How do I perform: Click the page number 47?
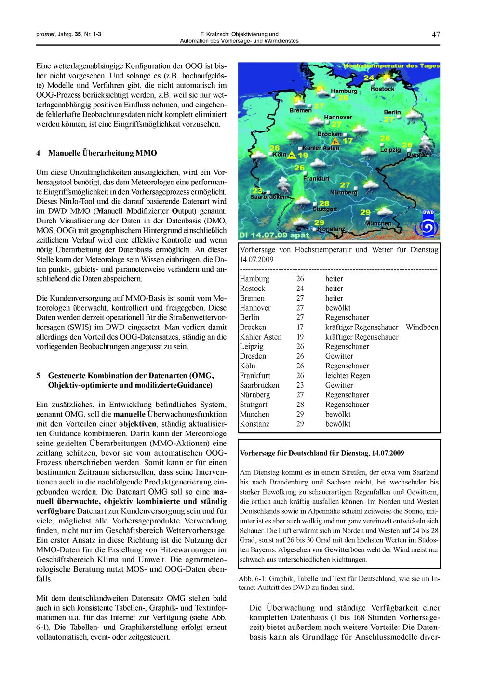click(436, 34)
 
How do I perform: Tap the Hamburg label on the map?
click(344, 91)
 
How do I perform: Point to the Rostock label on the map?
click(382, 89)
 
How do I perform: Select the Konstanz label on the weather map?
click(331, 229)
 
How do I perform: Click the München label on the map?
click(378, 224)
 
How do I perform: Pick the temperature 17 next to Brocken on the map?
click(348, 141)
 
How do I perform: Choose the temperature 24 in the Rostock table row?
click(300, 288)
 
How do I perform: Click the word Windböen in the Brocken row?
click(422, 327)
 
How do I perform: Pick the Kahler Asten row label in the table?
click(260, 337)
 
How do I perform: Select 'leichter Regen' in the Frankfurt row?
click(348, 375)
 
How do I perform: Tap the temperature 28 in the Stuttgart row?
click(300, 405)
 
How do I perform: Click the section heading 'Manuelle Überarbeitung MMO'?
click(102, 154)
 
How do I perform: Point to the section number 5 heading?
click(39, 375)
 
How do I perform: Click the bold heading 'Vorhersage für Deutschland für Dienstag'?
click(321, 453)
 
